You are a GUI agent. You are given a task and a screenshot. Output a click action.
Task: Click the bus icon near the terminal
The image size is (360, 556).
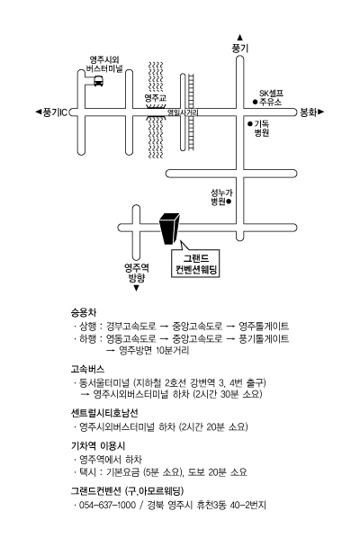[98, 81]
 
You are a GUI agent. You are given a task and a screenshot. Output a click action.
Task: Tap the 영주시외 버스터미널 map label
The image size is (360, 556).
[103, 64]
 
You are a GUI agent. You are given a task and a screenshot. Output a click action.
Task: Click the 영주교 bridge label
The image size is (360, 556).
[156, 98]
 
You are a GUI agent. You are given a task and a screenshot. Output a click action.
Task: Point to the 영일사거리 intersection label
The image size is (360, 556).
[183, 112]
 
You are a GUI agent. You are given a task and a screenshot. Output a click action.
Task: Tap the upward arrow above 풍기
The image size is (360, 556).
[240, 37]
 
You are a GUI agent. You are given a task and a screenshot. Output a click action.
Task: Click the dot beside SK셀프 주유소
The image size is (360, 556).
[255, 102]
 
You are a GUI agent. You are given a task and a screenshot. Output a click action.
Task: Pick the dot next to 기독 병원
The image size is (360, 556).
[250, 124]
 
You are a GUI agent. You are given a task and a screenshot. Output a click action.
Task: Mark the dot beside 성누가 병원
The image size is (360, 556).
[229, 202]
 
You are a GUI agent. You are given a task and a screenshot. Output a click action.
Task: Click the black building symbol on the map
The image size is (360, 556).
[169, 229]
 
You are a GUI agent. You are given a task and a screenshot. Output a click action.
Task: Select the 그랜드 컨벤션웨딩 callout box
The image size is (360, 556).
[195, 263]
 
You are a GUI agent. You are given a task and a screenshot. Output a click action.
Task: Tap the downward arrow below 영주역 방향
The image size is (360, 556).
[136, 288]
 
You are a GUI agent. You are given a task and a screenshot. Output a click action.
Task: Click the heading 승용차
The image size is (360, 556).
[84, 312]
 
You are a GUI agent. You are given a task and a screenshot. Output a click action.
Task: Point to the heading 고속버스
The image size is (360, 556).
[87, 369]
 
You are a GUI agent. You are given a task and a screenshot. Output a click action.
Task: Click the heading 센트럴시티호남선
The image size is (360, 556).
[104, 412]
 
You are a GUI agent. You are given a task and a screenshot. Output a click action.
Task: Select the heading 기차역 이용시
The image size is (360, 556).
[98, 445]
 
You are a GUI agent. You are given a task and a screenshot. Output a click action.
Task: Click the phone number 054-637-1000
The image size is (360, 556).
[107, 505]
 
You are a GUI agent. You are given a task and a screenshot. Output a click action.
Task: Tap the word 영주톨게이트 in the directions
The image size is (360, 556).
[264, 326]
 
